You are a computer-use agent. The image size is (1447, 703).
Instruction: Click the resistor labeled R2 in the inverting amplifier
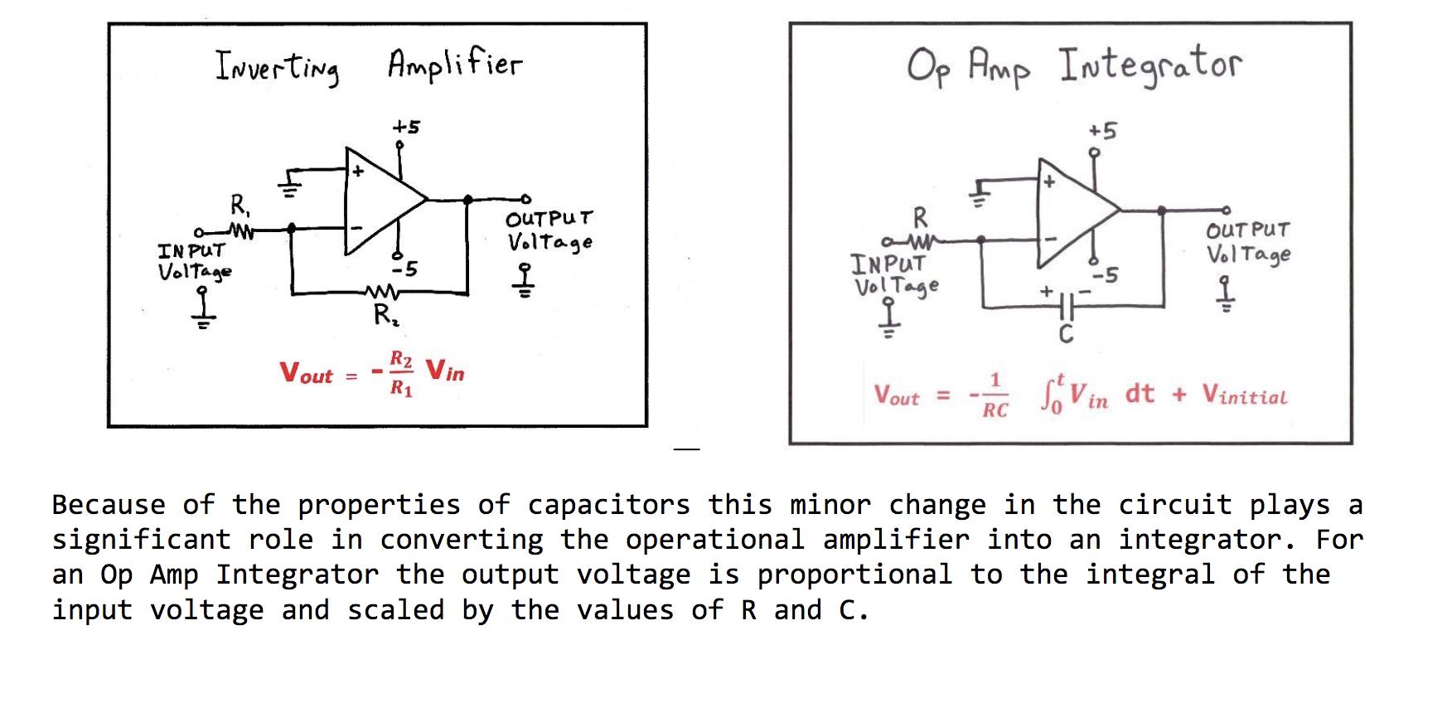(x=382, y=292)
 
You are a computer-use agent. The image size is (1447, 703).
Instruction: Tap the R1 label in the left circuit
(x=239, y=204)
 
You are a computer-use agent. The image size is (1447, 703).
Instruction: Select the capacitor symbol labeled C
(x=1067, y=307)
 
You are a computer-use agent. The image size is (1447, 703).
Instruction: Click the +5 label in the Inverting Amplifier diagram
(x=406, y=127)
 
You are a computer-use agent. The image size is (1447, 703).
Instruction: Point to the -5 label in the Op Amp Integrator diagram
(x=1105, y=275)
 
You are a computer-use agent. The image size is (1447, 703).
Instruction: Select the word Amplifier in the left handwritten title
(x=455, y=64)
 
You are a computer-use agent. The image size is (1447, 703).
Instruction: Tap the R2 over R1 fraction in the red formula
(x=401, y=373)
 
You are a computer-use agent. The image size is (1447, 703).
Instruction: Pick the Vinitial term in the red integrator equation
(x=1245, y=395)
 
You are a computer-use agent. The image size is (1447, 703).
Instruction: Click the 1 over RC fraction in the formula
(x=995, y=395)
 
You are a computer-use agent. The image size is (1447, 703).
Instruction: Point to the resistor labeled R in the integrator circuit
(x=920, y=242)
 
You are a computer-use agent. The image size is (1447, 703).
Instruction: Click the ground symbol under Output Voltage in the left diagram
(x=523, y=281)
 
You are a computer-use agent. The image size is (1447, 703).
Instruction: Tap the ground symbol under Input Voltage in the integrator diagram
(x=888, y=319)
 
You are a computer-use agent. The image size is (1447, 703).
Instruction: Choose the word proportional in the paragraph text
(x=854, y=575)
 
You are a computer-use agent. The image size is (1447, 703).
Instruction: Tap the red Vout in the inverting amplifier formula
(x=306, y=373)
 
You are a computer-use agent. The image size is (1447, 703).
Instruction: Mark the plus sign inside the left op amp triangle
(x=358, y=172)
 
